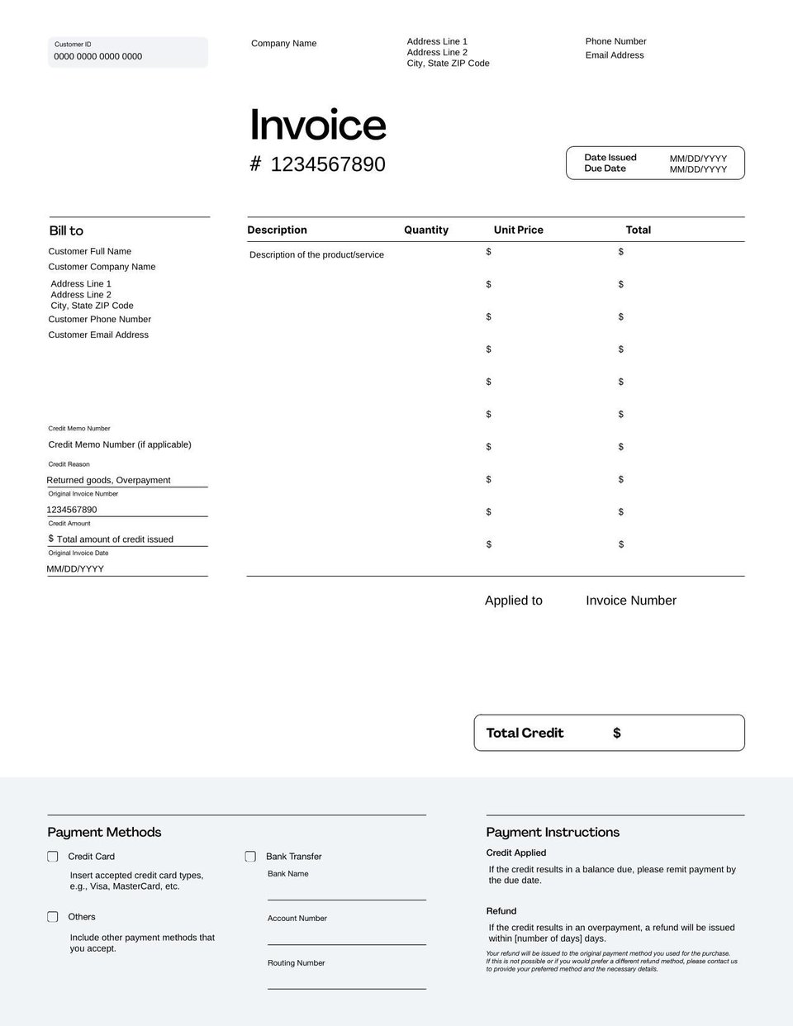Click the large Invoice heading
318,125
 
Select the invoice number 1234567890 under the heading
328,164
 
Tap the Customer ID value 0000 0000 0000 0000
97,57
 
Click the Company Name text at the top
283,44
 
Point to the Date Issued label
610,158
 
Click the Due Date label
605,169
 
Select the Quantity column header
426,230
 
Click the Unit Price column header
519,230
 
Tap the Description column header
277,230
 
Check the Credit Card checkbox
53,857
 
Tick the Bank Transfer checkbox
250,857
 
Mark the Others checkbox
53,917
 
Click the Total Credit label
525,733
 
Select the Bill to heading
66,231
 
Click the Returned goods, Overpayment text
108,480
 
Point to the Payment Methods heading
104,832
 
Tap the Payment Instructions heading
553,832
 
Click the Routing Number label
296,963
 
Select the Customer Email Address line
98,335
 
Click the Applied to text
514,601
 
